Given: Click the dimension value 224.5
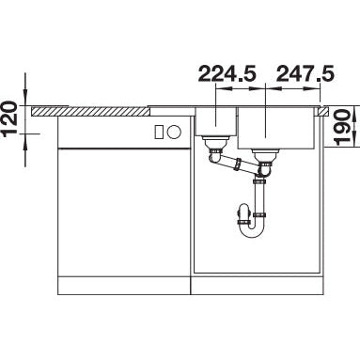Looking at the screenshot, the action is (227, 74).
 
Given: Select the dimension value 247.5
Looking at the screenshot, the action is (305, 74).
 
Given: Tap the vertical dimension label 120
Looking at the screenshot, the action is (10, 119).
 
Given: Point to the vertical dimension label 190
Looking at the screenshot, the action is (342, 127).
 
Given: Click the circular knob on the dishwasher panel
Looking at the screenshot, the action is (174, 132).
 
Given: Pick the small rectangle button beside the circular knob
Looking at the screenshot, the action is (159, 132).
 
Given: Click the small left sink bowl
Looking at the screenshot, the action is (216, 121).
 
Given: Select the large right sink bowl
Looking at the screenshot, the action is (276, 128).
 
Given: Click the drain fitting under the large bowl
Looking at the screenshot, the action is (266, 154).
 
